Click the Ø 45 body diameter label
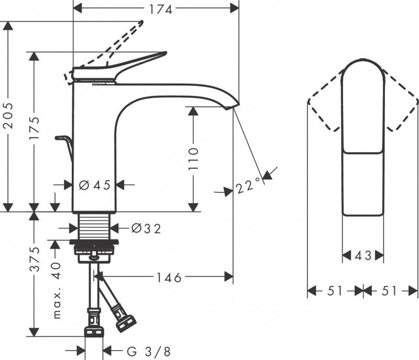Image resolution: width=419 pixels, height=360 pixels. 94,185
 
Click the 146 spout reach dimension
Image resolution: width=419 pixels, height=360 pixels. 168,278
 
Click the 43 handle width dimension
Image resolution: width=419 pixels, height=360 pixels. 362,256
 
